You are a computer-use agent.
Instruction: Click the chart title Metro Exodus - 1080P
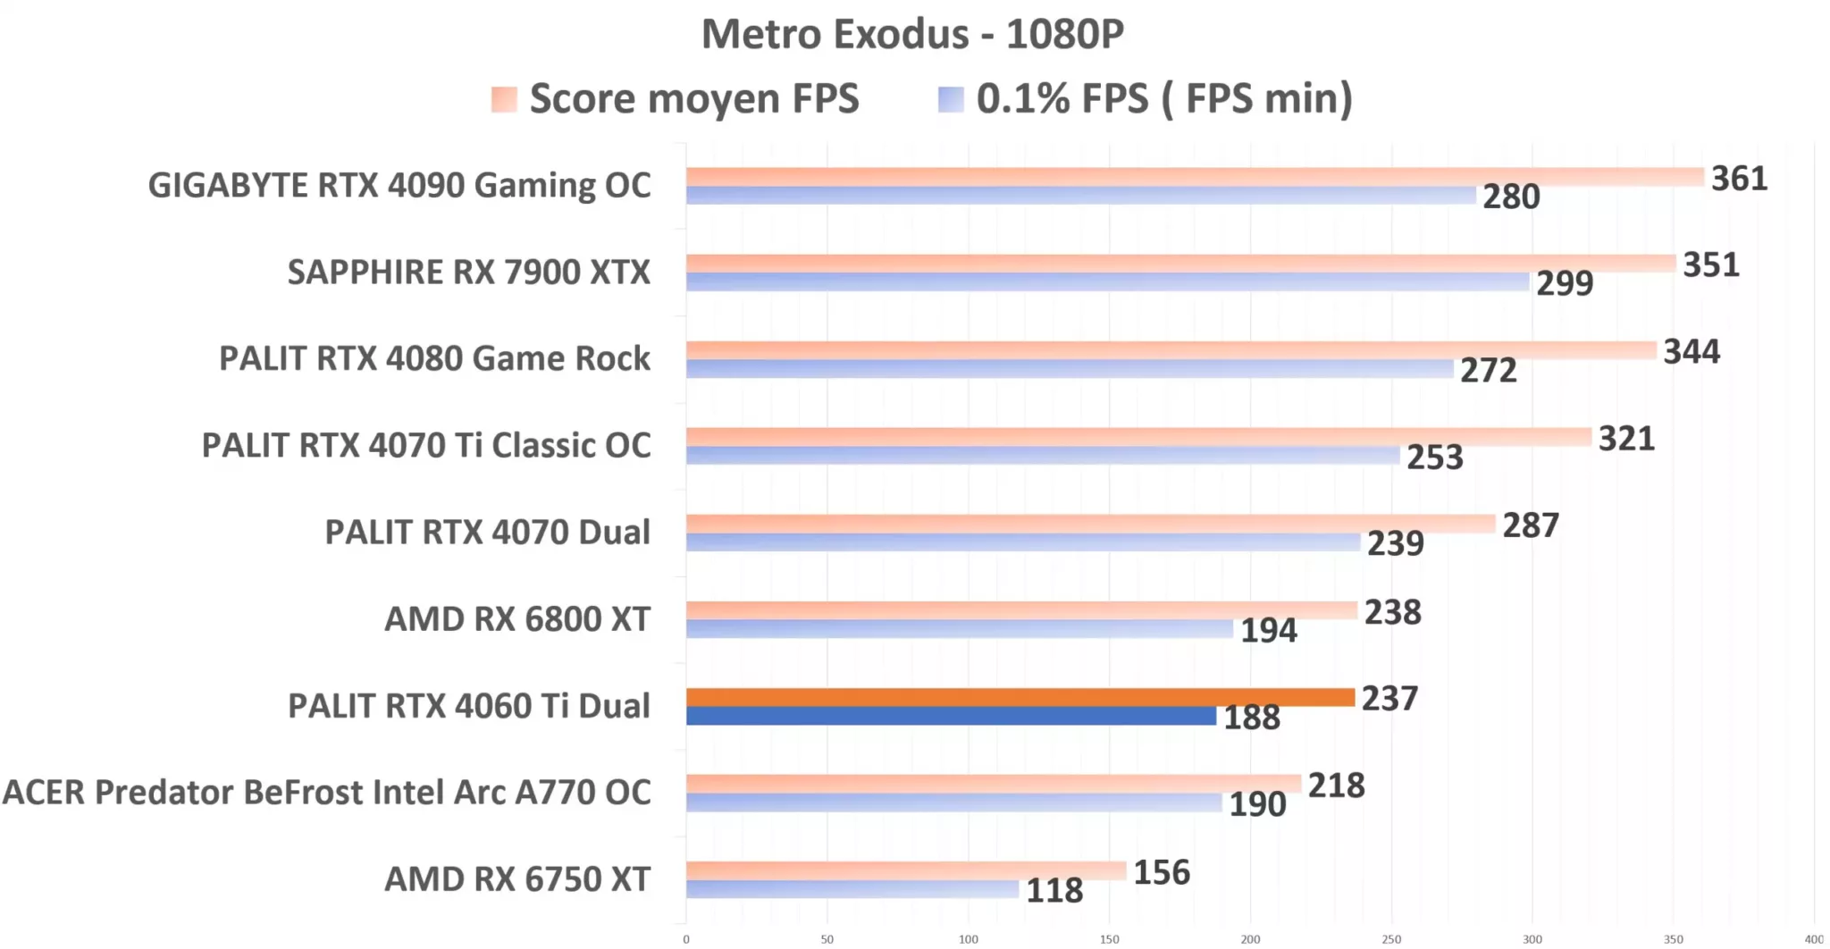tap(912, 34)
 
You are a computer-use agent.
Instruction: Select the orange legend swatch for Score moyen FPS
tap(504, 98)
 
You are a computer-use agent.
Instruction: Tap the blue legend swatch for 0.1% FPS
tap(951, 98)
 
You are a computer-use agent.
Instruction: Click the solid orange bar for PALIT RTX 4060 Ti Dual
tap(1020, 697)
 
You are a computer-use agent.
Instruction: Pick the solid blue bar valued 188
tap(951, 716)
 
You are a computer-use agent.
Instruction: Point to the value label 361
tap(1739, 179)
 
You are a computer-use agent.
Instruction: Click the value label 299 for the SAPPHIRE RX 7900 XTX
tap(1565, 283)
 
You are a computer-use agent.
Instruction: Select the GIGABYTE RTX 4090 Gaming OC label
tap(399, 185)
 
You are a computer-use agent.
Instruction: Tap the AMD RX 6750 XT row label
tap(517, 879)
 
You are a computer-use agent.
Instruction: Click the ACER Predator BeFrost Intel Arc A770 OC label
tap(327, 793)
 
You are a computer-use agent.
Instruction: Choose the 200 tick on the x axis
tap(1250, 939)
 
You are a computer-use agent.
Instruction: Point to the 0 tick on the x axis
tap(686, 939)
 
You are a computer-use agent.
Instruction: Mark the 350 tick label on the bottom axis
tap(1673, 939)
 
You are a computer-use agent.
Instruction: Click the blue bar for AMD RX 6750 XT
tap(852, 889)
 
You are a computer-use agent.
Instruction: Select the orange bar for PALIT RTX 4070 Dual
tap(1090, 524)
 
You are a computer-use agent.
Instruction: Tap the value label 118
tap(1054, 891)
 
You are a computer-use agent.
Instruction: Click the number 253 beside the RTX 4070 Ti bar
tap(1435, 458)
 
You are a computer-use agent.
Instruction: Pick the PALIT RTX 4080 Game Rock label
tap(435, 358)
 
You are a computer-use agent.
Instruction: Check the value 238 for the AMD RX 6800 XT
tap(1392, 613)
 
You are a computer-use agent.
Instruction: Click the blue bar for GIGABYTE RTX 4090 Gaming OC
tap(1081, 196)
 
